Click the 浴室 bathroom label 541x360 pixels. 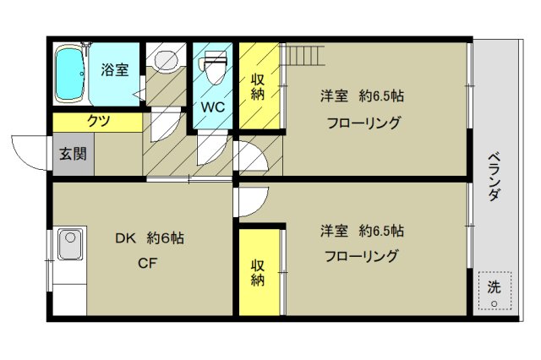tap(115, 69)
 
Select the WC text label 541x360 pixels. tap(212, 107)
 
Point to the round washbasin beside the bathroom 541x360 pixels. tap(164, 60)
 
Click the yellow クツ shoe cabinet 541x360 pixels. tap(97, 122)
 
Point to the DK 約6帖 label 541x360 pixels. tap(149, 238)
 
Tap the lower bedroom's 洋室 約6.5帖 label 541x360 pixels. tap(361, 230)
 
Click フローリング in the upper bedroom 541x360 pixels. tap(363, 122)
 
